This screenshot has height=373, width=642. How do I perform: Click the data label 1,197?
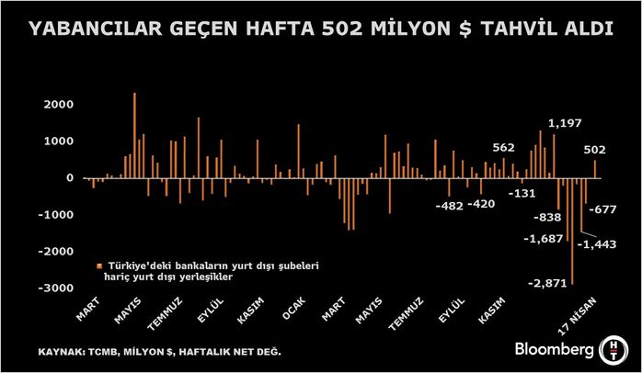(x=565, y=122)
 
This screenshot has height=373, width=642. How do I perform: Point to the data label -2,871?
(x=546, y=283)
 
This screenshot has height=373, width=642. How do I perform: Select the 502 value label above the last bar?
(x=595, y=150)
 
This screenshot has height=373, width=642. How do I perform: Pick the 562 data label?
(x=503, y=147)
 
